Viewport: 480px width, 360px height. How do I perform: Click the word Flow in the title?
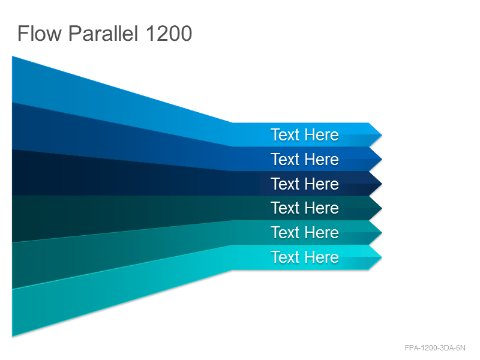[x=40, y=33]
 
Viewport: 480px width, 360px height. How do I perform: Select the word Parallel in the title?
[x=103, y=33]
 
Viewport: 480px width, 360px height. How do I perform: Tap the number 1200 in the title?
[x=169, y=33]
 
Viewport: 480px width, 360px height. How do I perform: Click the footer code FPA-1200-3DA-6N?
[x=434, y=348]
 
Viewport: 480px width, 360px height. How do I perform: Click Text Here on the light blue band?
[x=305, y=134]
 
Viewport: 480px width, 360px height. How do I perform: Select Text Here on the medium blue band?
[x=305, y=159]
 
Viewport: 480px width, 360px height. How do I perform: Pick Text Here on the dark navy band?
[x=305, y=184]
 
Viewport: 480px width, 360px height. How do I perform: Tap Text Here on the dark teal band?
[x=305, y=208]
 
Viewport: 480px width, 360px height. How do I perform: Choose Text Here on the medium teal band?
[x=305, y=232]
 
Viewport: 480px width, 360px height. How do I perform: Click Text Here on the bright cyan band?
[x=305, y=257]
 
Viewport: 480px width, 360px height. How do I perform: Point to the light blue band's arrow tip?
[x=382, y=134]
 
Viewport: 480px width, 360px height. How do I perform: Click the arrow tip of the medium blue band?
[x=382, y=159]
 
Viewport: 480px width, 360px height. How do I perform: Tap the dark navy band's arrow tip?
[x=382, y=184]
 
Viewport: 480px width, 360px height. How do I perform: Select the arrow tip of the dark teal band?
[x=382, y=208]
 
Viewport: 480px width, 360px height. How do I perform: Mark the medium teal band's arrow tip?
[x=382, y=233]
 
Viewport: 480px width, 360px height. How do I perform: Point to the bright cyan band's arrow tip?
[x=382, y=257]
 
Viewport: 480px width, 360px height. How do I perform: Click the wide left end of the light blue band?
[x=13, y=79]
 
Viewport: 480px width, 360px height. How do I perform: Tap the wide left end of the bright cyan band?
[x=13, y=313]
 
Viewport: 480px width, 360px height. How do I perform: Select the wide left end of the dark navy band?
[x=13, y=172]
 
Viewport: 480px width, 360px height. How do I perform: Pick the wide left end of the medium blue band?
[x=13, y=126]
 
